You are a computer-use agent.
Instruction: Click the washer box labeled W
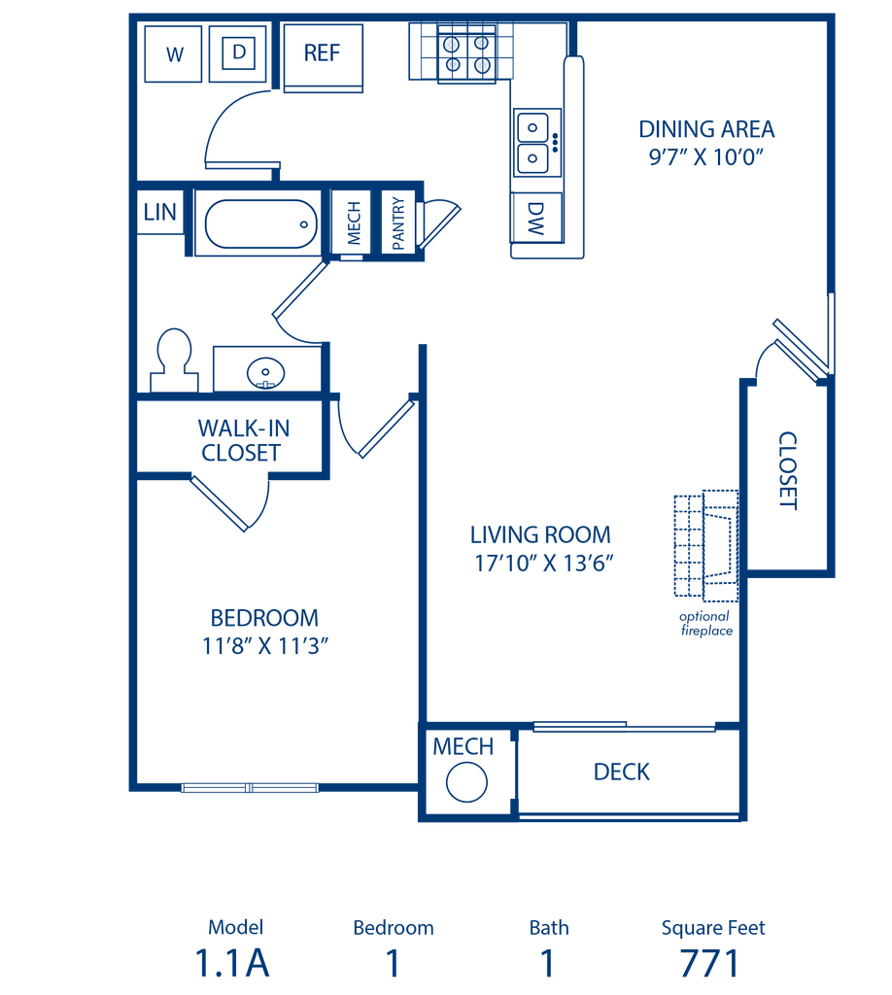(x=173, y=54)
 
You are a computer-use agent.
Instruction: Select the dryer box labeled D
(x=238, y=54)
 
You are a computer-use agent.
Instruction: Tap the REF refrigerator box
(x=323, y=57)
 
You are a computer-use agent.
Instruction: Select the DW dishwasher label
(x=536, y=219)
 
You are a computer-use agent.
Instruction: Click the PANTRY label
(x=398, y=223)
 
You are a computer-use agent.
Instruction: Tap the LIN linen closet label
(x=160, y=212)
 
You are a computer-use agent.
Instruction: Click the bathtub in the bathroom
(x=260, y=224)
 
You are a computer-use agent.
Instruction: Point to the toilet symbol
(x=174, y=360)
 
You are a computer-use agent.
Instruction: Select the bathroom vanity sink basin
(x=265, y=373)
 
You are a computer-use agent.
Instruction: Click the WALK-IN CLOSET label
(x=243, y=440)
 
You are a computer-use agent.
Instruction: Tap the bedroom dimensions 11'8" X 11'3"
(x=265, y=646)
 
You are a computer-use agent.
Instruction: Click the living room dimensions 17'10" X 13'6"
(x=544, y=563)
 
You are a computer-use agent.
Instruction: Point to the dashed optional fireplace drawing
(x=706, y=546)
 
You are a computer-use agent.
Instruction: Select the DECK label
(x=622, y=772)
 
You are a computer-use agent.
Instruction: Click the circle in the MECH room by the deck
(x=466, y=782)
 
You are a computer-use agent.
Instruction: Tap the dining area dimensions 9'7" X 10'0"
(x=706, y=156)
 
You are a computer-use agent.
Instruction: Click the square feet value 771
(x=710, y=963)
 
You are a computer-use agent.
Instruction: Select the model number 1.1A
(x=232, y=963)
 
